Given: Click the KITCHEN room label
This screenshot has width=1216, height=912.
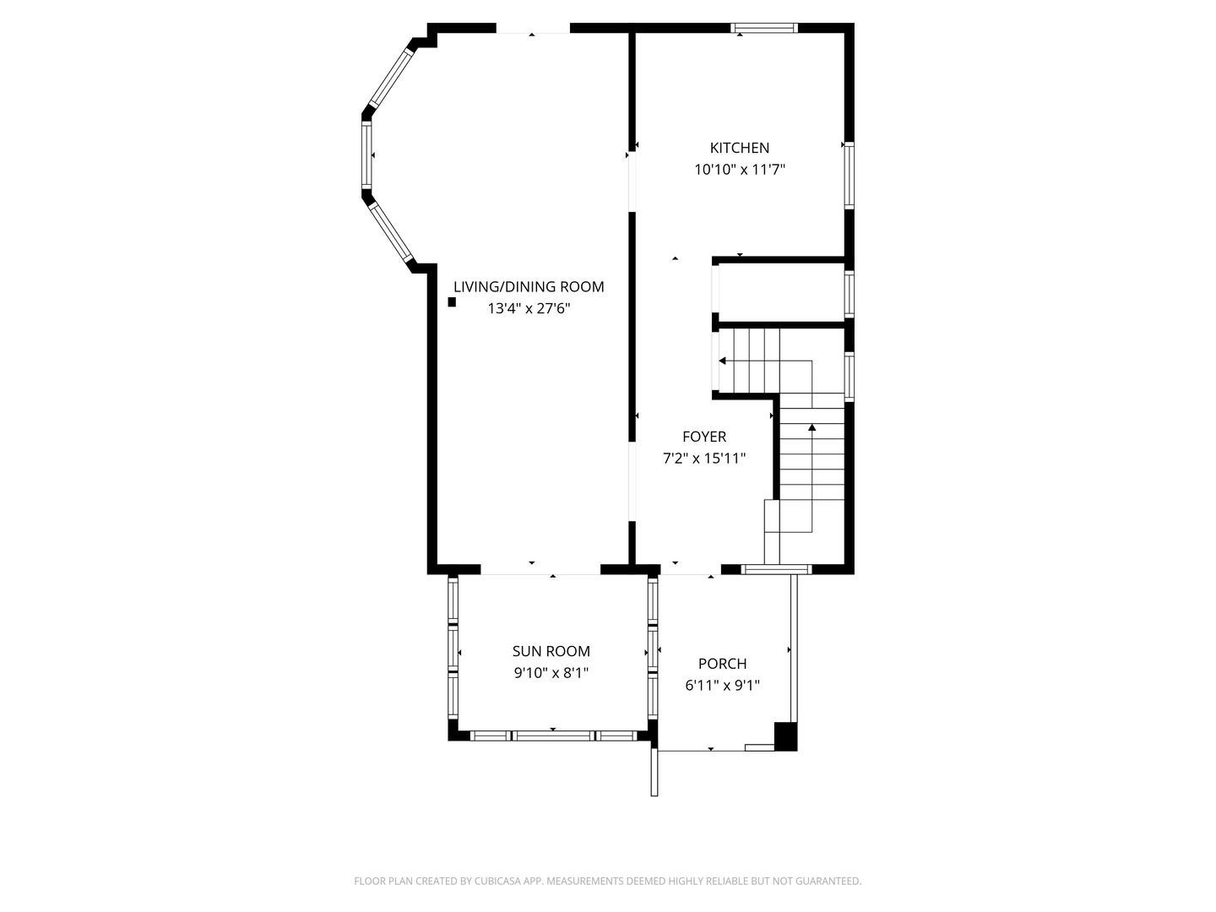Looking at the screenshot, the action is click(739, 148).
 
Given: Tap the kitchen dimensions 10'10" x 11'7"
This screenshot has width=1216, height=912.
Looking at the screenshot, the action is click(739, 170).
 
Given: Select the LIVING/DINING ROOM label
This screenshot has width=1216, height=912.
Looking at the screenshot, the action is click(528, 287).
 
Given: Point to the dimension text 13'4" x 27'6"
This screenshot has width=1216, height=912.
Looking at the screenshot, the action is click(528, 308).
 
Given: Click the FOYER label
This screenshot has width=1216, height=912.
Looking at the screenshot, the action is click(703, 437).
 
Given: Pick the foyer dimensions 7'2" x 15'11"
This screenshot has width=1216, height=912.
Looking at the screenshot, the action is click(703, 459).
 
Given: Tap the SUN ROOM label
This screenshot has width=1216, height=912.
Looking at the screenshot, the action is click(551, 651).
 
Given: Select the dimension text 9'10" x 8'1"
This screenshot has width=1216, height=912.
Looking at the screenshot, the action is click(551, 673).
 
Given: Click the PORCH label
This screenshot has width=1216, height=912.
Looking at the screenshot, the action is click(722, 664).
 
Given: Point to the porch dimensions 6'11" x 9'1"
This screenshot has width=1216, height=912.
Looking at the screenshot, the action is click(722, 686).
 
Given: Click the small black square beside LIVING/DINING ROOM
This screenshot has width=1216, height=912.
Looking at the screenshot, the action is click(452, 301).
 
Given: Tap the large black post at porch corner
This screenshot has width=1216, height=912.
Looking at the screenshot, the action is click(785, 736).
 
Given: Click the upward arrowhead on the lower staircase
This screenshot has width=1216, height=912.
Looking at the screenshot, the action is click(812, 427).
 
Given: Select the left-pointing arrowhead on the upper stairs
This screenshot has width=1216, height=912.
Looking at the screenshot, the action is click(722, 361).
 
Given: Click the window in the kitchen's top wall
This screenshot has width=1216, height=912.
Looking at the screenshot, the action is click(763, 28).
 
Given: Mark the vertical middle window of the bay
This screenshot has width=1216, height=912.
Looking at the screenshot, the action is click(366, 155).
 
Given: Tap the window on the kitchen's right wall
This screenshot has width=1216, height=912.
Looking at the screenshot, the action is click(849, 175).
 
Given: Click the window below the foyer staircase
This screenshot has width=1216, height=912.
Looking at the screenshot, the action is click(776, 568).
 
